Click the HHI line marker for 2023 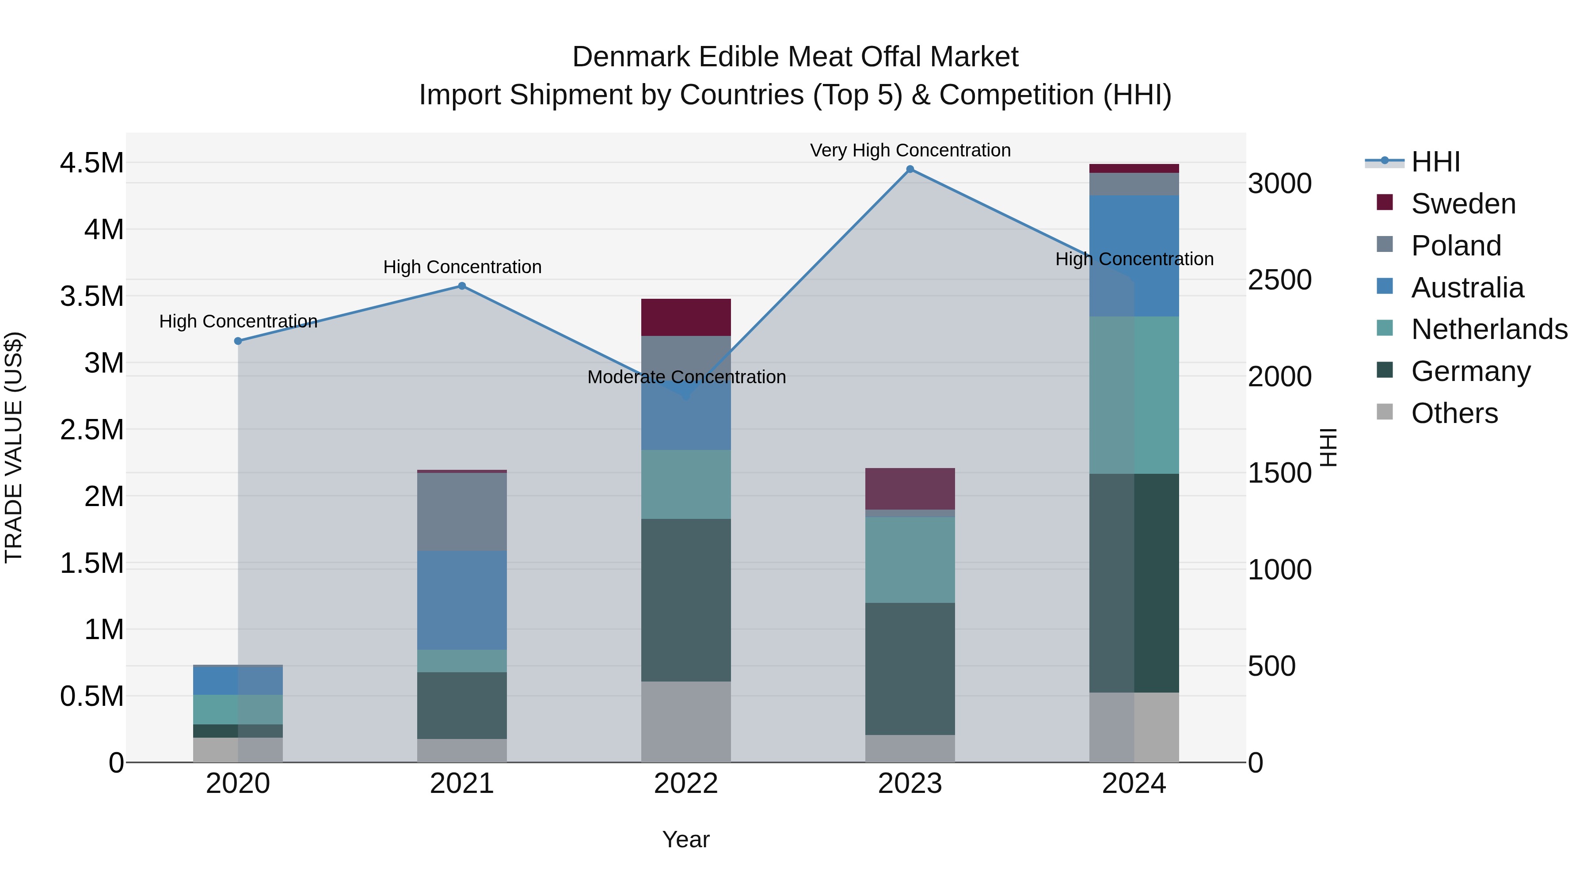pos(910,169)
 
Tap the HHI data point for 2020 pos(238,341)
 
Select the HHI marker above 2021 pos(462,286)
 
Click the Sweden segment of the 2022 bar pos(685,317)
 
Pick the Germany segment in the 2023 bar pos(910,669)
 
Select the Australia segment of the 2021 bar pos(462,600)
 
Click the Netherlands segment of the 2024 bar pos(1134,395)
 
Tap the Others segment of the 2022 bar pos(685,721)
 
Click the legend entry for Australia pos(1467,288)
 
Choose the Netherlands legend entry pos(1488,329)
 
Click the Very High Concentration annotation pos(910,150)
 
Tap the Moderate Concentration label pos(686,377)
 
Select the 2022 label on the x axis pos(685,784)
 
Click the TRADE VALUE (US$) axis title pos(14,447)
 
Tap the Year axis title pos(685,839)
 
